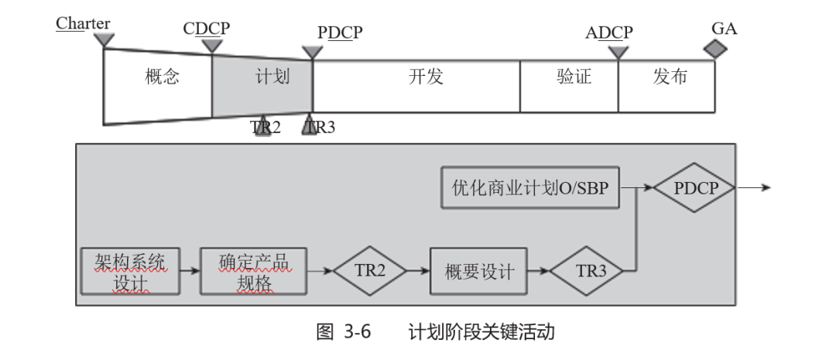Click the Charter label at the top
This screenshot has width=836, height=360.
click(x=83, y=23)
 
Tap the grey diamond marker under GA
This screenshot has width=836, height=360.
click(x=716, y=49)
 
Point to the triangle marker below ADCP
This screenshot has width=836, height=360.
click(x=618, y=52)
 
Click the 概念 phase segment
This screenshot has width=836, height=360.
click(x=162, y=77)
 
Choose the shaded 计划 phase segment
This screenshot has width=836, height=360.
click(x=263, y=77)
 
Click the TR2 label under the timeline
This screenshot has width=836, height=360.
click(x=266, y=127)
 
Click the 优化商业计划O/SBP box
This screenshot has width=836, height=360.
click(x=530, y=187)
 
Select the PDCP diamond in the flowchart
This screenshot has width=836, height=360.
click(x=696, y=187)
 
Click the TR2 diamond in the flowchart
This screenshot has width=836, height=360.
click(x=369, y=271)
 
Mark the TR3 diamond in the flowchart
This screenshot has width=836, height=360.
click(x=591, y=271)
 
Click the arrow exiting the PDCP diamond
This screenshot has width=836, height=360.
click(x=755, y=187)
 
